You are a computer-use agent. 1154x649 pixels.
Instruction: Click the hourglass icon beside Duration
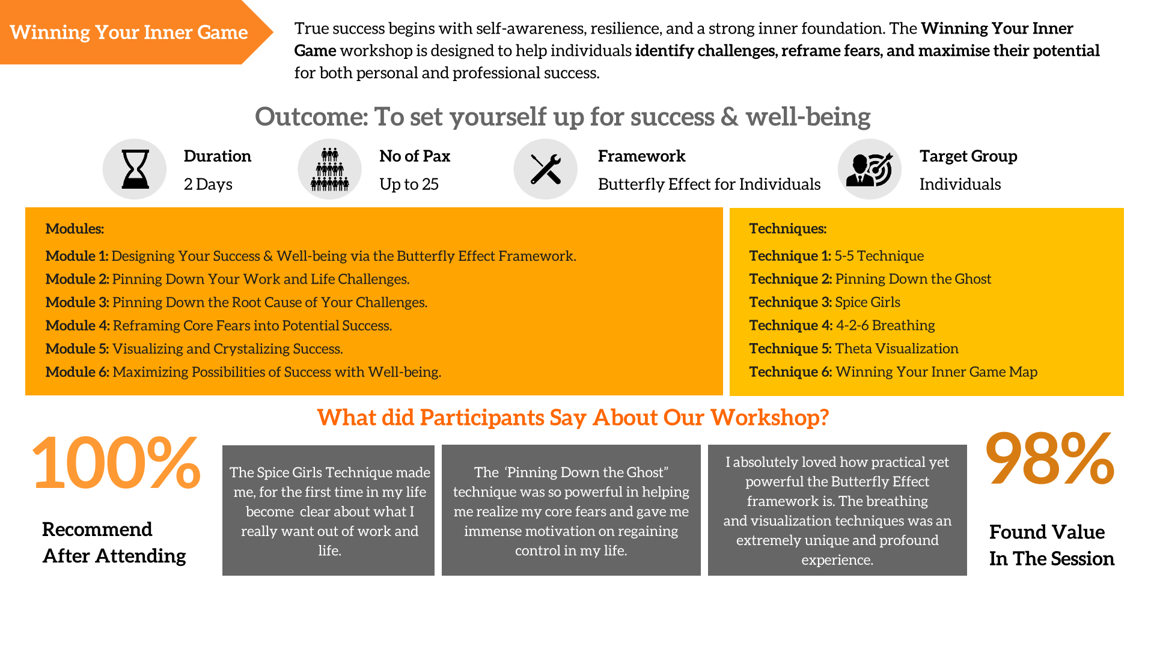(x=135, y=169)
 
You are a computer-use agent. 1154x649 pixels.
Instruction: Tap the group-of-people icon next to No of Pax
(x=329, y=169)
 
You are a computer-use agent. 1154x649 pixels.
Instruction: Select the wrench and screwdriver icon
(x=546, y=169)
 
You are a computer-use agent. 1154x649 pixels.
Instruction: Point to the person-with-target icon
(x=869, y=169)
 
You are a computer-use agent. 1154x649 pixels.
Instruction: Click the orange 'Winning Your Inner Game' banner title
(x=129, y=32)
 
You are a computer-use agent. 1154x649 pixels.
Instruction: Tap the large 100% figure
(x=116, y=463)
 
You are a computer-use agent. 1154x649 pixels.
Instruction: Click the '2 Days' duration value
(x=208, y=184)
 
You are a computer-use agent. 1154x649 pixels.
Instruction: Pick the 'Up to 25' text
(x=409, y=184)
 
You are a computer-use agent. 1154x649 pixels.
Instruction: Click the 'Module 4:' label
(x=78, y=325)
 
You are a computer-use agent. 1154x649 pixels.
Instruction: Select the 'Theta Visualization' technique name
(x=897, y=349)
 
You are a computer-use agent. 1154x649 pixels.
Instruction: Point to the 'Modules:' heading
(x=75, y=228)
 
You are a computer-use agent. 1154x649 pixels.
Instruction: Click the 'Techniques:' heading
(x=787, y=228)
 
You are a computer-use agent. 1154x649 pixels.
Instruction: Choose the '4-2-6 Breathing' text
(x=885, y=325)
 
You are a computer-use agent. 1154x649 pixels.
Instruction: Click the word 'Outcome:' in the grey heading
(x=311, y=117)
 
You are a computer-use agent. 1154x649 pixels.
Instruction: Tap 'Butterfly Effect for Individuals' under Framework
(x=709, y=184)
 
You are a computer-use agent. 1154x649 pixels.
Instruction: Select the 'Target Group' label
(x=968, y=156)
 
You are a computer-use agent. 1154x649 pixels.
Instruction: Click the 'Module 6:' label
(x=78, y=372)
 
